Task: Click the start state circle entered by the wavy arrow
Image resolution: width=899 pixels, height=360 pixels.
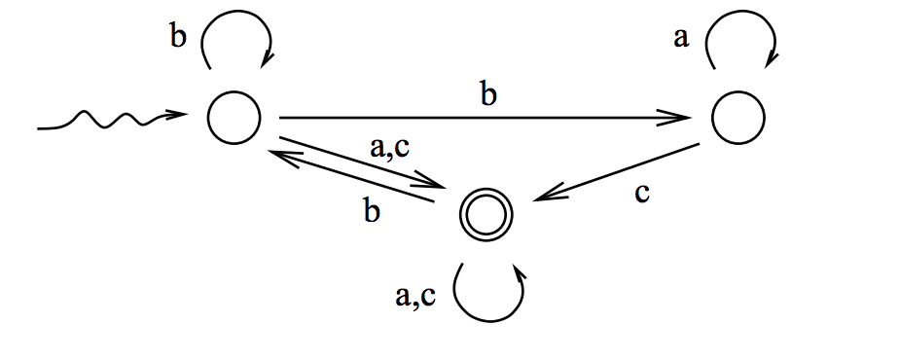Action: pos(234,118)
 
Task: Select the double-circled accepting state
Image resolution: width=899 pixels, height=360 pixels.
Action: pos(484,212)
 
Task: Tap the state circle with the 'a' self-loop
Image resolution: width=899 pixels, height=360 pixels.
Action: pos(737,118)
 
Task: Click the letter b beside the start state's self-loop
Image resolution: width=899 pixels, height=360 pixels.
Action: pos(176,37)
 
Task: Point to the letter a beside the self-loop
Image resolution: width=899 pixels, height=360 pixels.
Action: pos(680,39)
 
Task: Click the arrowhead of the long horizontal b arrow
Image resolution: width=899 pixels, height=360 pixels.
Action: pos(675,118)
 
